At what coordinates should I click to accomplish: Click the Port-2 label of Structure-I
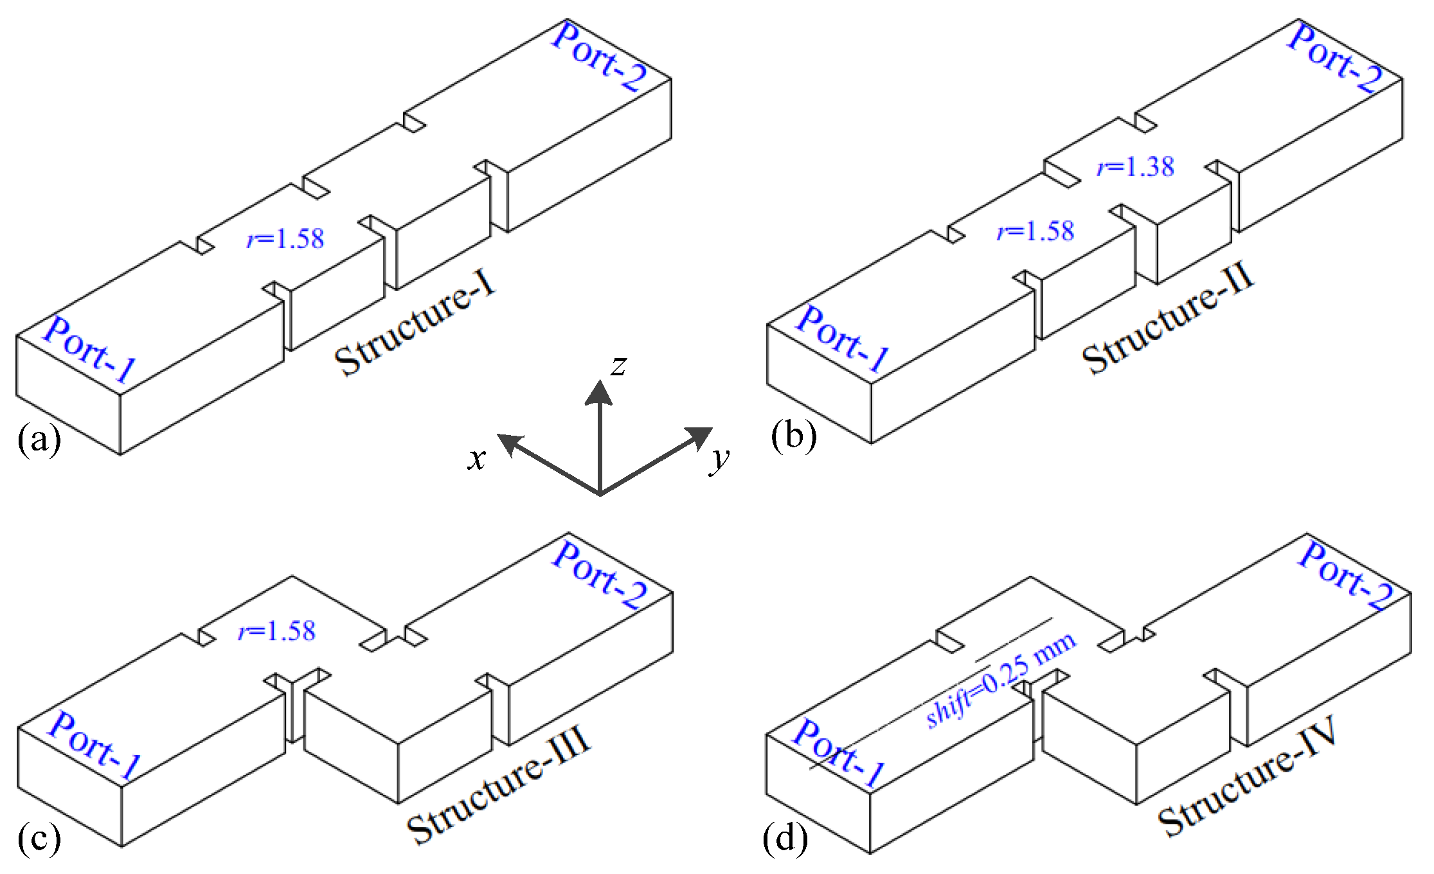pyautogui.click(x=599, y=57)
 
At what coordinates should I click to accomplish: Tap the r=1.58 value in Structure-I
pyautogui.click(x=286, y=239)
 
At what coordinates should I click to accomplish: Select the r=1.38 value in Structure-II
pyautogui.click(x=1136, y=168)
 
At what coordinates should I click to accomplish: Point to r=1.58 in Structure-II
pyautogui.click(x=1035, y=231)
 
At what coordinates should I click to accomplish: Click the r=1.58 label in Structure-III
pyautogui.click(x=277, y=632)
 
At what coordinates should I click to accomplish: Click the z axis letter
pyautogui.click(x=618, y=366)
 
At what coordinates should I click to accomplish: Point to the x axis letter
pyautogui.click(x=476, y=459)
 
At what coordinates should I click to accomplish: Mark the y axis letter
pyautogui.click(x=720, y=459)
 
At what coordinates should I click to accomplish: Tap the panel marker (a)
pyautogui.click(x=39, y=440)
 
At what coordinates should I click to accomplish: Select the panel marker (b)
pyautogui.click(x=794, y=436)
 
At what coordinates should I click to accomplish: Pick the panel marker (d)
pyautogui.click(x=785, y=838)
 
